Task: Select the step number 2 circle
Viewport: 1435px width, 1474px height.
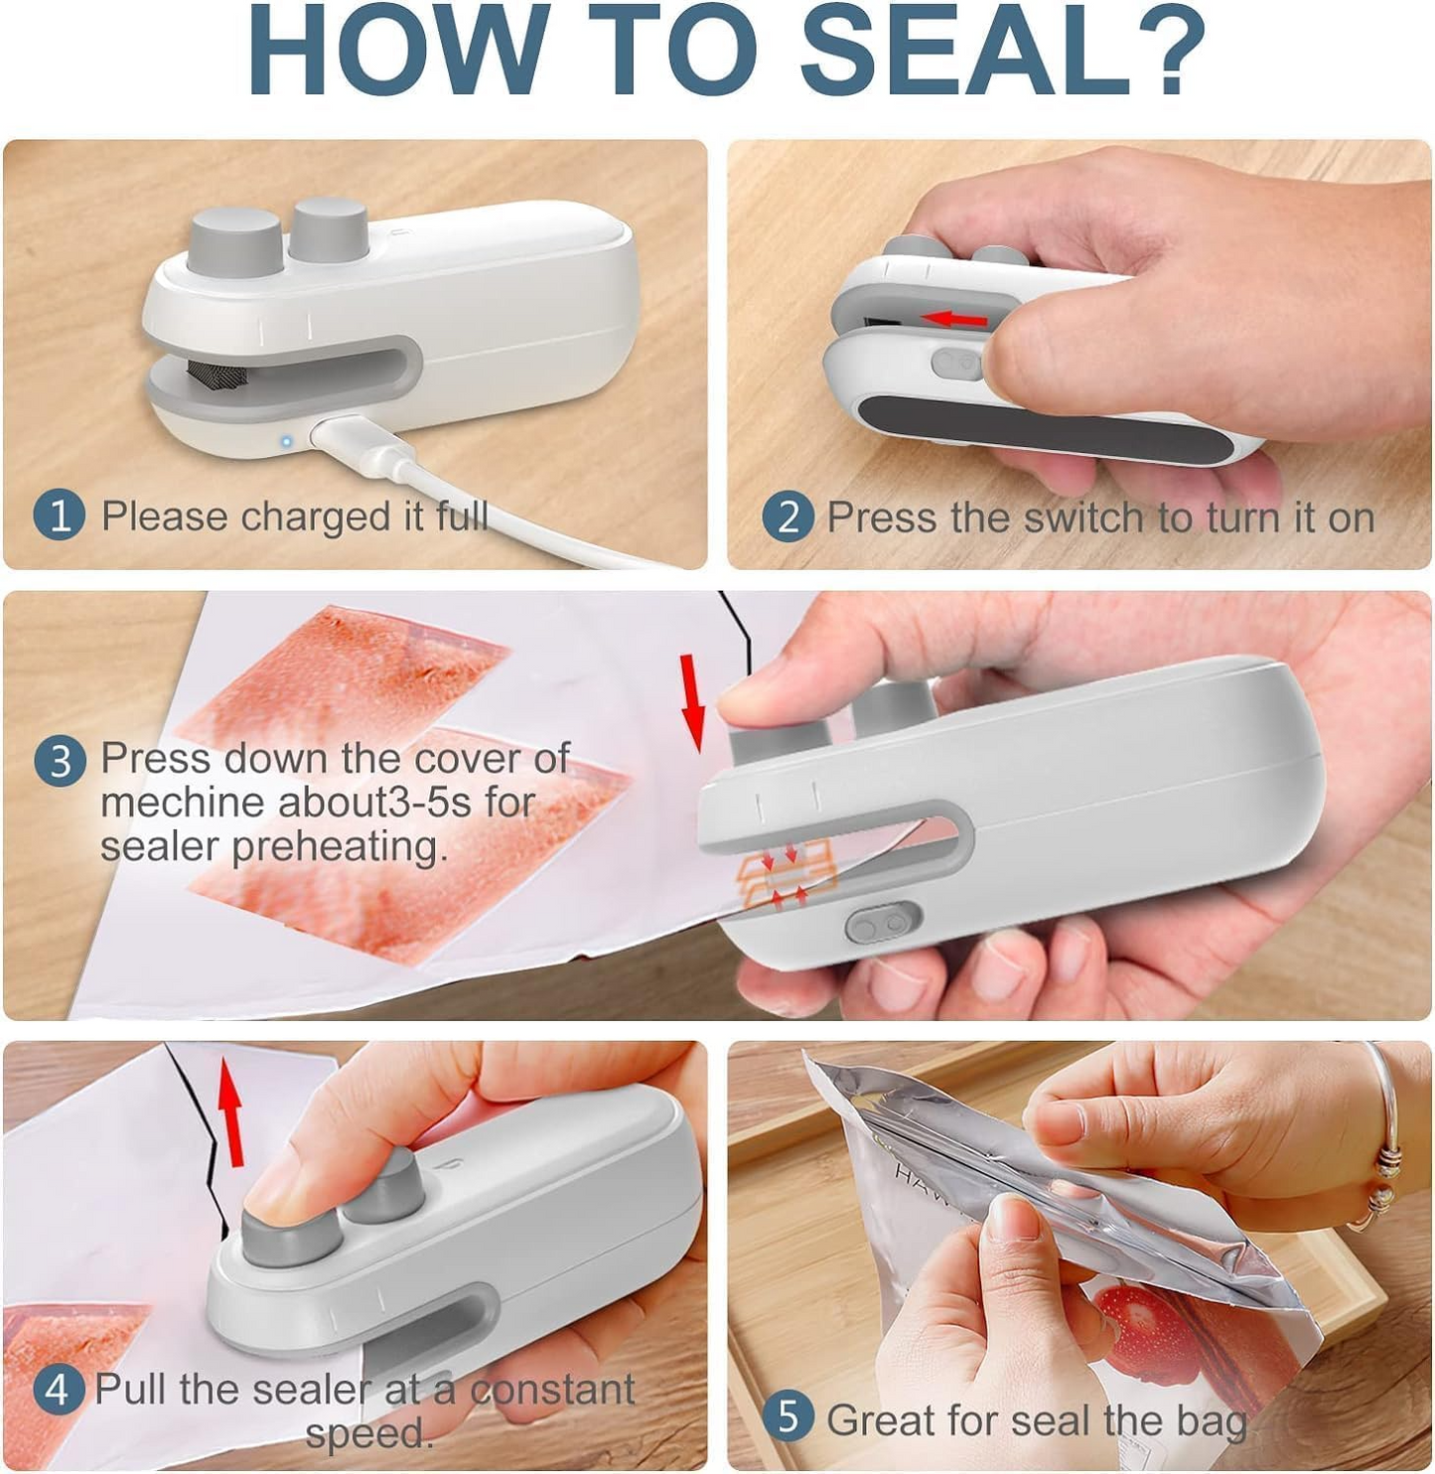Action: point(788,517)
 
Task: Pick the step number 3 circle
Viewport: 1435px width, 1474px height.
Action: point(60,761)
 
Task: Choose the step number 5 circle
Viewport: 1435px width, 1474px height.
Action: point(788,1417)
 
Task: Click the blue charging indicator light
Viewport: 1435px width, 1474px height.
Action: point(286,441)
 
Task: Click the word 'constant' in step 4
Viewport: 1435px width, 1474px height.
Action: point(552,1390)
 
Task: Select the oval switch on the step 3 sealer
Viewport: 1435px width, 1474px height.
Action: point(882,924)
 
